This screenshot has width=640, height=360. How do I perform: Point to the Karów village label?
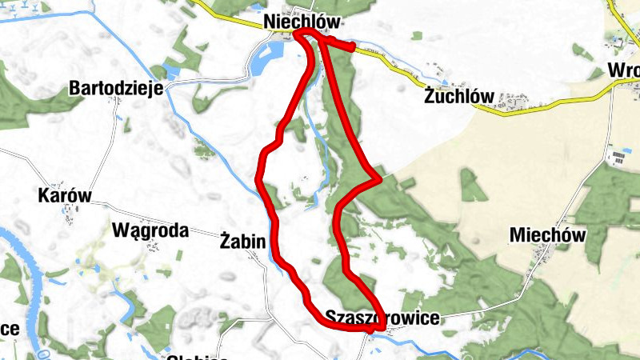click(x=66, y=195)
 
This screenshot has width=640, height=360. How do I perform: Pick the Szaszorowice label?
click(x=382, y=318)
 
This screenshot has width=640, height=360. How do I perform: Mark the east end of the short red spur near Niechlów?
click(x=351, y=47)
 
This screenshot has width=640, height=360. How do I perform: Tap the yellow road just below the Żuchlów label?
click(x=472, y=111)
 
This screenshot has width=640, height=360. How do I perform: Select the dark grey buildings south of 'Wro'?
click(x=618, y=156)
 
